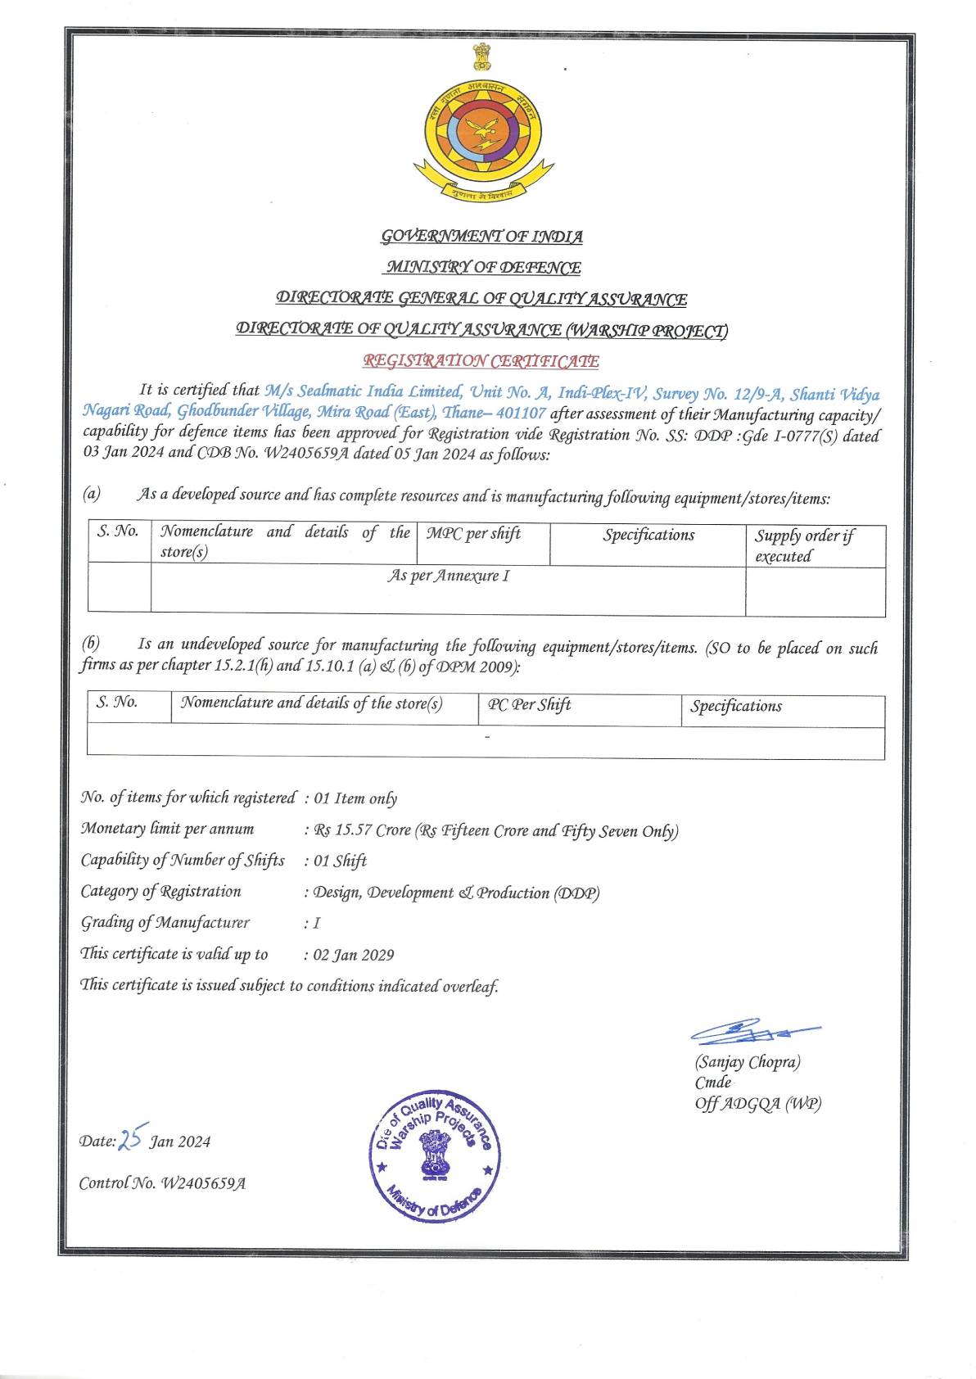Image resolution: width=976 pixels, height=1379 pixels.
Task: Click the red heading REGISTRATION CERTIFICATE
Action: click(481, 361)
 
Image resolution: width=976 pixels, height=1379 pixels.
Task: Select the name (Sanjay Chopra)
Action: click(748, 1062)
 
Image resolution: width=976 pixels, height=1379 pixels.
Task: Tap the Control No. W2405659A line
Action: click(162, 1183)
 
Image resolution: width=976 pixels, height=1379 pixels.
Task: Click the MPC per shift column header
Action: click(473, 534)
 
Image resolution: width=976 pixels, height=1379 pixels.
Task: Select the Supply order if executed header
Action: click(803, 545)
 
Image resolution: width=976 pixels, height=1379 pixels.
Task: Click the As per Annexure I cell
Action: click(448, 576)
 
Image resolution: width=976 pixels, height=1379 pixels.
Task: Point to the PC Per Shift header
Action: click(529, 705)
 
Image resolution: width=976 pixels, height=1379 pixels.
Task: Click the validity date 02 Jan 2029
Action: click(354, 955)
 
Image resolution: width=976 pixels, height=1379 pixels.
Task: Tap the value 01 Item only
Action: click(355, 798)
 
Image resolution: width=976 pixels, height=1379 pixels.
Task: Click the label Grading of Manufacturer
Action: click(165, 923)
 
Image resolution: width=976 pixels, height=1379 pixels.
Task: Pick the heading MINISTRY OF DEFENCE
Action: click(483, 268)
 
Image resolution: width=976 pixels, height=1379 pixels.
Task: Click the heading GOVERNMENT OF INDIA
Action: click(482, 237)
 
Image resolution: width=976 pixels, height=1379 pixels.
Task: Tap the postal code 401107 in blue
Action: click(522, 414)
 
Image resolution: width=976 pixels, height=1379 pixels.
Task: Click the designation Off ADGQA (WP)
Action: click(757, 1103)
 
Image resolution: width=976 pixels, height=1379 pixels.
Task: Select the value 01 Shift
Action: click(340, 861)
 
